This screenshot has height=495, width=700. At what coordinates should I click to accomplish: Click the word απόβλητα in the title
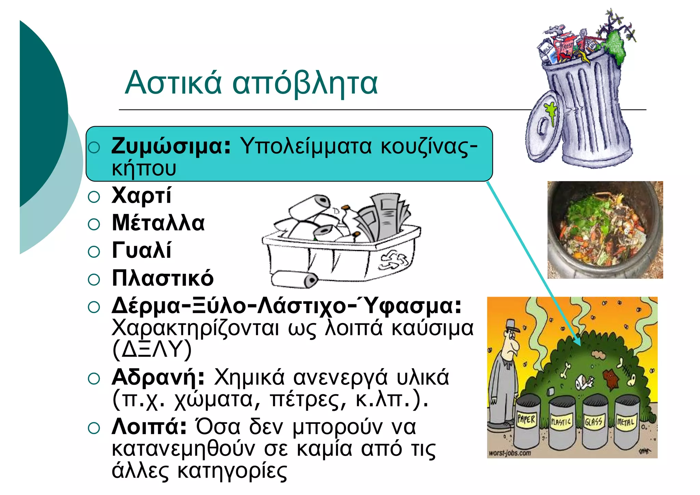[305, 84]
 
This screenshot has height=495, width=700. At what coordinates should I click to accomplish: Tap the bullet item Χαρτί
[141, 196]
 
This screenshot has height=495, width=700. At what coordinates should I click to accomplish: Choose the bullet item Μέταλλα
[158, 223]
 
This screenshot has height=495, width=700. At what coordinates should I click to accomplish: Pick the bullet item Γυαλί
[142, 251]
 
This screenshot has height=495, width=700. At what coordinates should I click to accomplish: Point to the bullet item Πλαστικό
[163, 278]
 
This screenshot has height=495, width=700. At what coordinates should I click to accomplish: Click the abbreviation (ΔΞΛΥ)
[152, 349]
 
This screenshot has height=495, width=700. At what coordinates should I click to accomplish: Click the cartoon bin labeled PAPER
[526, 424]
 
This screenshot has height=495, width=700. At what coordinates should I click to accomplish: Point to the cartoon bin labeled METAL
[626, 424]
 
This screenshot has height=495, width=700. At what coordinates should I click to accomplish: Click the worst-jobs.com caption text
[510, 453]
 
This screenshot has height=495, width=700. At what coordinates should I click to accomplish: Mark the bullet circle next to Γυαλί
[94, 252]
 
